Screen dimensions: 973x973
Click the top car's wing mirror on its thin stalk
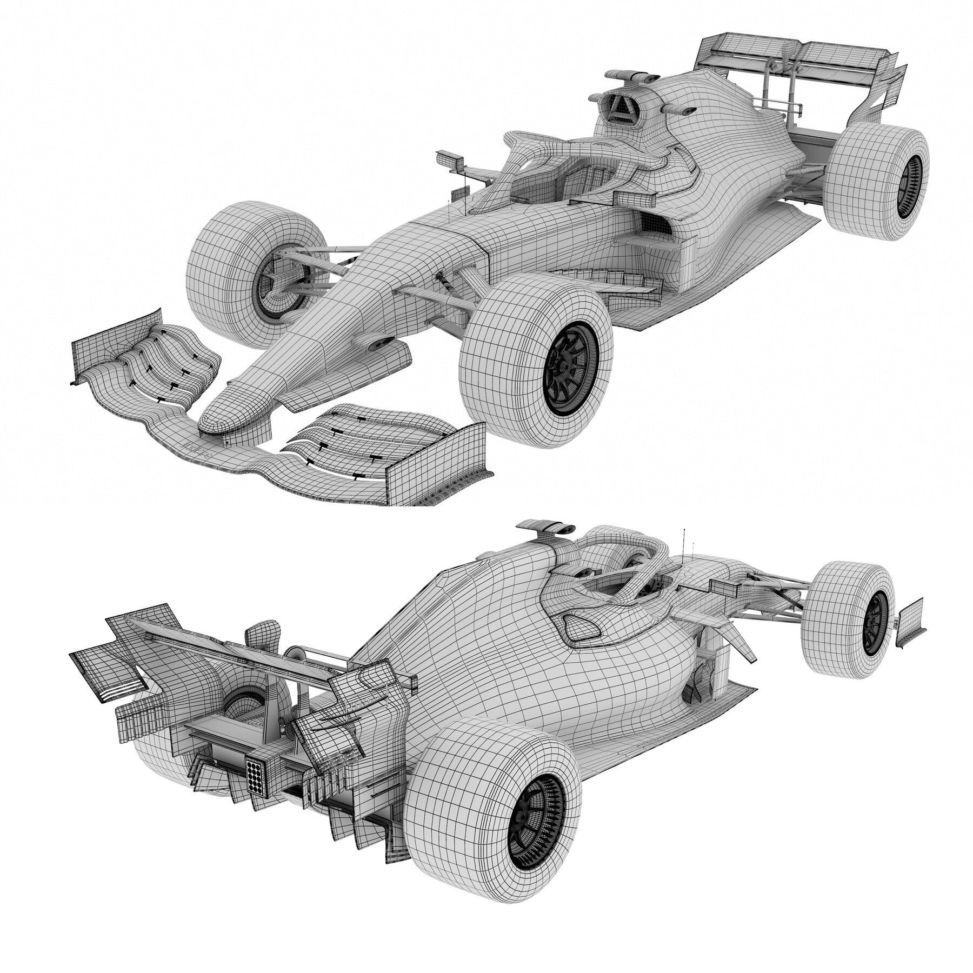(450, 161)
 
